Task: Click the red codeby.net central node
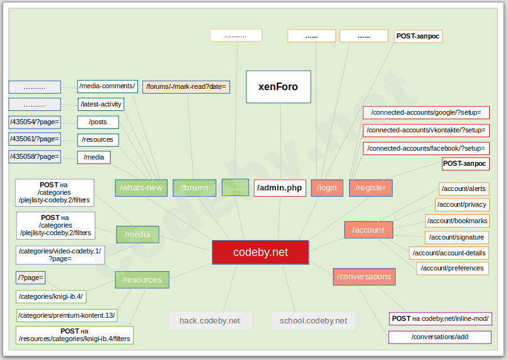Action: (260, 252)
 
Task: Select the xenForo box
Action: (278, 87)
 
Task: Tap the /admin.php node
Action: (280, 188)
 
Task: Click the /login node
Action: (326, 188)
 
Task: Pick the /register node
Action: (371, 188)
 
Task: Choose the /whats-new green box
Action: (141, 188)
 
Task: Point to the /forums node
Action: (194, 188)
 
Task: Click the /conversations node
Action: (364, 277)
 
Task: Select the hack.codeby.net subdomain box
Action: (210, 321)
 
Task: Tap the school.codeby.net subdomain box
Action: (313, 321)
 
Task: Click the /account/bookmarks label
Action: (458, 221)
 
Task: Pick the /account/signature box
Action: (458, 238)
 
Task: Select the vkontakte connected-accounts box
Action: (426, 131)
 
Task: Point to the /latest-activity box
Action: (101, 104)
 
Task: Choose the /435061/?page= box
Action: (35, 139)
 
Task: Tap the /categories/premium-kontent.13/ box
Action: (67, 315)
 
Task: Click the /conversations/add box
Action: (439, 337)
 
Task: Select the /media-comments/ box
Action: (107, 86)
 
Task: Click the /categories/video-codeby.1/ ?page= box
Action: (60, 255)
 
